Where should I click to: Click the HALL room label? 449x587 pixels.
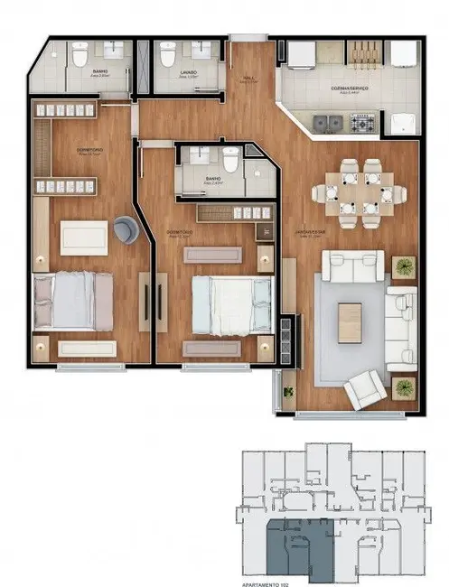pyautogui.click(x=248, y=79)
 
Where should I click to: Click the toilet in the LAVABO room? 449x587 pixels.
pyautogui.click(x=167, y=56)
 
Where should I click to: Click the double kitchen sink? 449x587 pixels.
pyautogui.click(x=327, y=121)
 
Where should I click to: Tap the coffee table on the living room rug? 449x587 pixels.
pyautogui.click(x=350, y=321)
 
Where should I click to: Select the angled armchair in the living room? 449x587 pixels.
pyautogui.click(x=363, y=389)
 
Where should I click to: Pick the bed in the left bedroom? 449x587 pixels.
pyautogui.click(x=72, y=302)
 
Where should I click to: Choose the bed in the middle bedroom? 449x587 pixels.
pyautogui.click(x=232, y=304)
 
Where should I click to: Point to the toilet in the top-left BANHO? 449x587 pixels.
pyautogui.click(x=80, y=57)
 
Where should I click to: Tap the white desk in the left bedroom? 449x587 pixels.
pyautogui.click(x=84, y=238)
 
